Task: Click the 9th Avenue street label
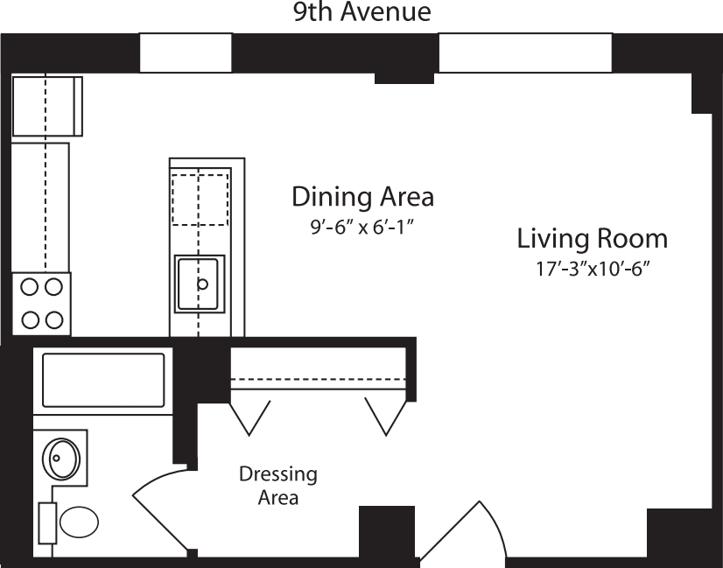tap(361, 12)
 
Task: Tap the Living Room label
tap(592, 238)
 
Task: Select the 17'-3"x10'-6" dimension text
tap(592, 270)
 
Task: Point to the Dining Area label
tap(362, 196)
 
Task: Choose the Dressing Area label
tap(278, 486)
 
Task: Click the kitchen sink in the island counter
tap(200, 284)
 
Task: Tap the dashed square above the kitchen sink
tap(200, 200)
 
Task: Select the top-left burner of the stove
tap(29, 285)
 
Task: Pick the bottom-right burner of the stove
tap(53, 319)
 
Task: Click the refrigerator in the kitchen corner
tap(46, 106)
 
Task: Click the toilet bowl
tap(77, 524)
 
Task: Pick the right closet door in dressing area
tap(385, 415)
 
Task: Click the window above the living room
tap(524, 53)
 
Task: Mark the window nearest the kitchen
tap(186, 53)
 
